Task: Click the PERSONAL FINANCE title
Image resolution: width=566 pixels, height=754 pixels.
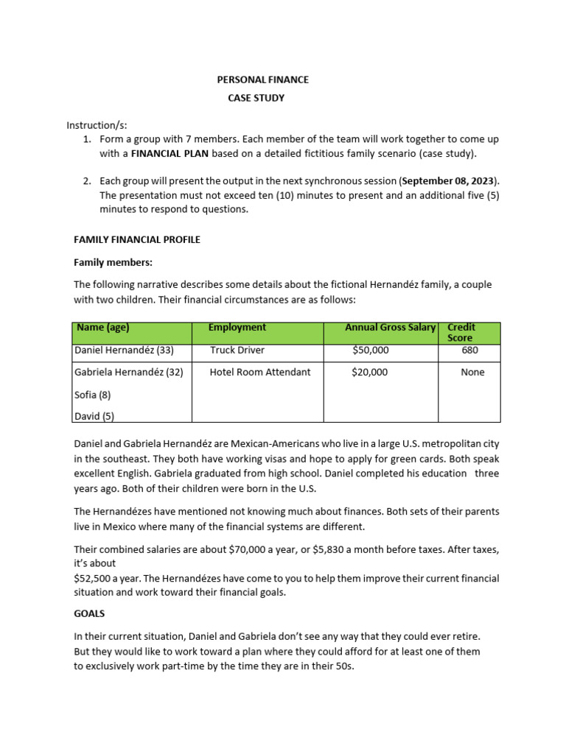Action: [262, 80]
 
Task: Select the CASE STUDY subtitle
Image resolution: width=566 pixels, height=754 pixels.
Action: [256, 98]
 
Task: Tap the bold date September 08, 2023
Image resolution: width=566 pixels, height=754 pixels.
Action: [448, 180]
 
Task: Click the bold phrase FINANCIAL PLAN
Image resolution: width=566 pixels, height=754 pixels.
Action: [170, 153]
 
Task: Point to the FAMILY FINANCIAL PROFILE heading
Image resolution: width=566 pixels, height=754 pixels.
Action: [137, 239]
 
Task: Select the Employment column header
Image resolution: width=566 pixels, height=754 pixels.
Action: [237, 328]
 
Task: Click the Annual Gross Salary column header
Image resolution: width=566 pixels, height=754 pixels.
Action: [391, 328]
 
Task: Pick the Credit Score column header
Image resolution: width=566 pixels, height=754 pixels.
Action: [461, 332]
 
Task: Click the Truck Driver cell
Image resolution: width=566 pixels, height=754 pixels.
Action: [237, 350]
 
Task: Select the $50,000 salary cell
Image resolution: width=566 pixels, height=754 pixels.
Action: [371, 350]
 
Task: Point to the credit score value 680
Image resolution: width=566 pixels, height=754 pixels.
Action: [470, 350]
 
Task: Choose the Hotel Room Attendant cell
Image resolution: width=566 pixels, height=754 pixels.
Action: [260, 372]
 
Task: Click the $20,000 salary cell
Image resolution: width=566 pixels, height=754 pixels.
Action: [370, 372]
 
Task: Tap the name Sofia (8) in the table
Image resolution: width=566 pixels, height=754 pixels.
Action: [93, 395]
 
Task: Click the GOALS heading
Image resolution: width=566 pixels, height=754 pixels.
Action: [89, 613]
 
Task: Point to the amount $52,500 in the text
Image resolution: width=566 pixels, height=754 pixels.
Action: [94, 578]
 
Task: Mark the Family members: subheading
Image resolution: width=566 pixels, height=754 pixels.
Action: [113, 262]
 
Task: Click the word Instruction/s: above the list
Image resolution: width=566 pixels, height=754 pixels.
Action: [97, 125]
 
